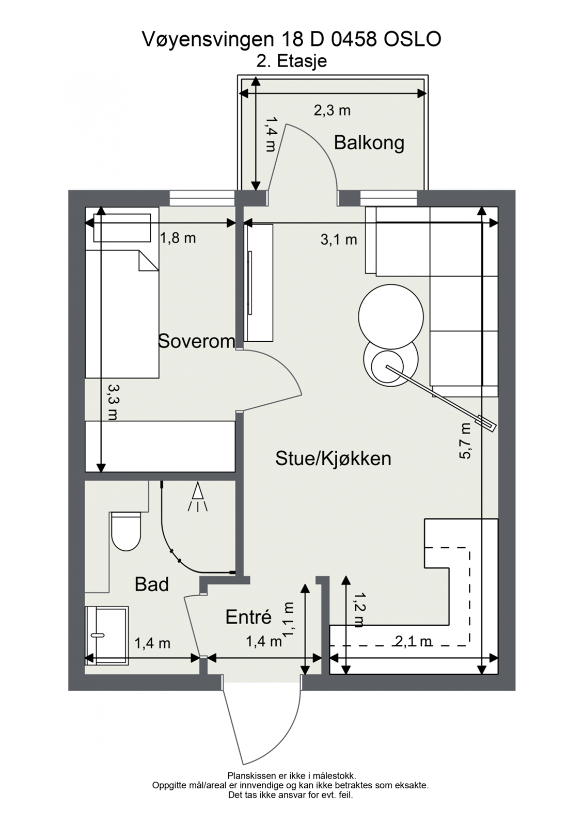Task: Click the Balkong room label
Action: coord(369,142)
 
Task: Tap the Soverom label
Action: coord(196,341)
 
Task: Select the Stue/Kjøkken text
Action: coord(333,458)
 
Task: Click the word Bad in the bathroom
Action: coord(151,584)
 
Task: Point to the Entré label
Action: coord(248,617)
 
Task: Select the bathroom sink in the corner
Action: coord(107,635)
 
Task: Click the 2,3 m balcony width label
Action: coord(332,110)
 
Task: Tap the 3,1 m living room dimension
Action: coord(339,240)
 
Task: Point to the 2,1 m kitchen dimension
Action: coord(413,642)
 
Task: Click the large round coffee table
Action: coord(391,316)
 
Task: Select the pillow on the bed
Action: coord(122,227)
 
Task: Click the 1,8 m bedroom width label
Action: coord(178,238)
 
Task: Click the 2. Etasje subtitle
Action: coord(292,61)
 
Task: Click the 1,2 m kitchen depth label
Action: coord(358,609)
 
